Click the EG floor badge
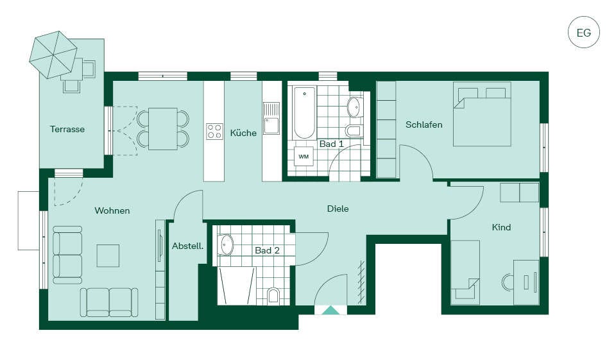click(x=584, y=32)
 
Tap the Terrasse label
click(x=67, y=129)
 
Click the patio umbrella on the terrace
click(x=53, y=55)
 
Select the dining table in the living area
click(x=163, y=128)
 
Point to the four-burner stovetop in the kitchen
click(x=214, y=132)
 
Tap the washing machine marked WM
click(x=304, y=157)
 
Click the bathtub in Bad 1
click(x=304, y=113)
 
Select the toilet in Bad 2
click(x=273, y=296)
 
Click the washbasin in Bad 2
click(x=226, y=245)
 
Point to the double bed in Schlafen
click(x=482, y=114)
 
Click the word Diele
click(x=338, y=209)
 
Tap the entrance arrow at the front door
click(x=331, y=311)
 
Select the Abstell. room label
click(x=188, y=246)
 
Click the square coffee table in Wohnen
click(x=108, y=255)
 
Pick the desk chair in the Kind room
click(x=507, y=282)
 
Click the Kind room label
click(x=501, y=227)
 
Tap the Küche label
click(x=243, y=133)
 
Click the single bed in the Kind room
click(x=465, y=272)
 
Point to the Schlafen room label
click(x=424, y=124)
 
